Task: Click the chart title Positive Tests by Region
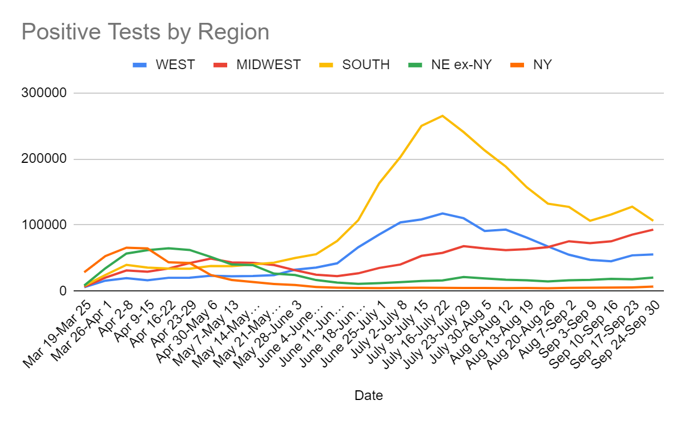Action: click(x=145, y=33)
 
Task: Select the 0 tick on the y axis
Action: click(x=63, y=291)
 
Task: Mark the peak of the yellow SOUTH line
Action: click(x=442, y=116)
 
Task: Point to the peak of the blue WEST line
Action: click(x=442, y=213)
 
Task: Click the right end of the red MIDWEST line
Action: click(x=652, y=230)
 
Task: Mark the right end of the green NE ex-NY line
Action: click(x=652, y=278)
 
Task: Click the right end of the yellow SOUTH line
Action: click(x=652, y=221)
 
